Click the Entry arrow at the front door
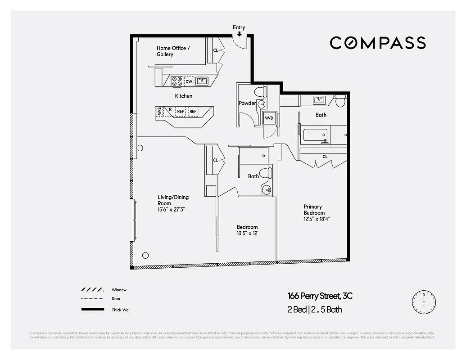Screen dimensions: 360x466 pos(239,33)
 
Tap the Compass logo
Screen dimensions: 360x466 pos(377,43)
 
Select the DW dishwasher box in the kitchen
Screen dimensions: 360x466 pos(189,81)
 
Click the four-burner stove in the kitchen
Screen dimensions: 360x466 pos(177,81)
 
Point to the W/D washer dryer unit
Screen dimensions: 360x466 pos(269,118)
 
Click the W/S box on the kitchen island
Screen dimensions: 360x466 pos(159,111)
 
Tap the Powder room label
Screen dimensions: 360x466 pos(247,103)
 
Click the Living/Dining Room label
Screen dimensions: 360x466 pos(173,200)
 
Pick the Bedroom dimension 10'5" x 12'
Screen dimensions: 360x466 pos(247,233)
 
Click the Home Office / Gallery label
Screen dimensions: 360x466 pos(173,51)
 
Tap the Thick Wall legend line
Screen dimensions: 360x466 pos(92,310)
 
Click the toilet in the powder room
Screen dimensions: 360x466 pos(260,92)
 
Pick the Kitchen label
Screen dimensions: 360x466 pos(184,96)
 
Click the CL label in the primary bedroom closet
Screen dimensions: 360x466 pos(325,157)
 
